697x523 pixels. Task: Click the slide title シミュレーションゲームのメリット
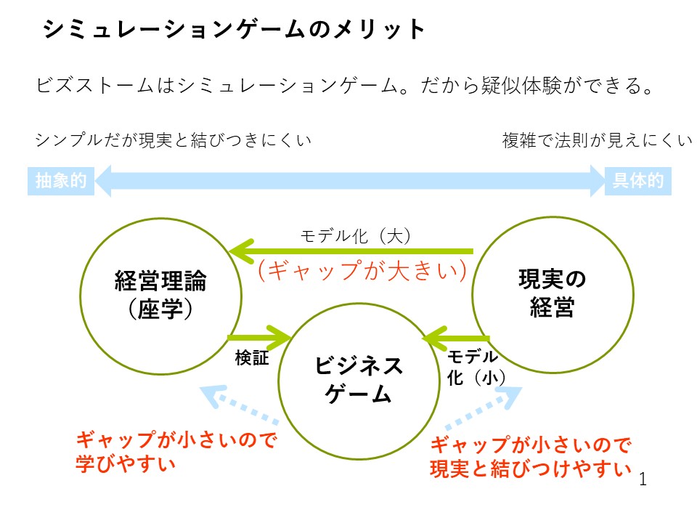pyautogui.click(x=234, y=30)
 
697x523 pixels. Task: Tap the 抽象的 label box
pyautogui.click(x=61, y=181)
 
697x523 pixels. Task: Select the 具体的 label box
pyautogui.click(x=637, y=181)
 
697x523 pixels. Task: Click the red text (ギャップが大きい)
pyautogui.click(x=361, y=270)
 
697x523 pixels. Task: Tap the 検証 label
pyautogui.click(x=252, y=358)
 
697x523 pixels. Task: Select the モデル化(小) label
pyautogui.click(x=473, y=367)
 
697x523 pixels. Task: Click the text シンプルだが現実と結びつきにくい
pyautogui.click(x=173, y=140)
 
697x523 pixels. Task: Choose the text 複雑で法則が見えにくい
pyautogui.click(x=597, y=140)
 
